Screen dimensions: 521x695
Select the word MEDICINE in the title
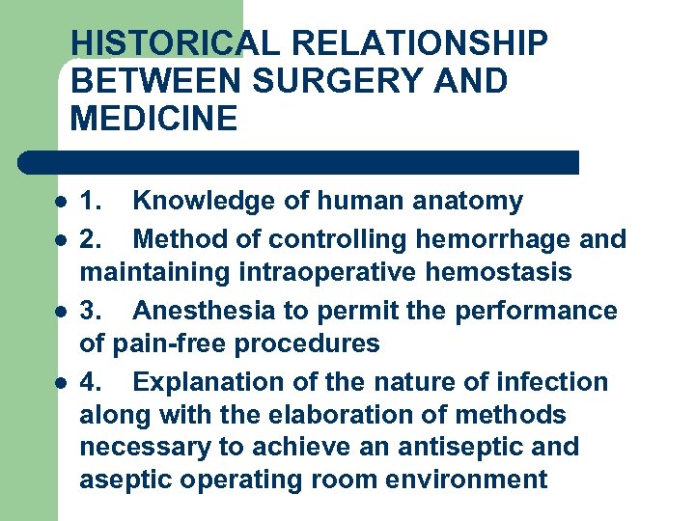(x=153, y=119)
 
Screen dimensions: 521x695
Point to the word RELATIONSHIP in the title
(x=420, y=43)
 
